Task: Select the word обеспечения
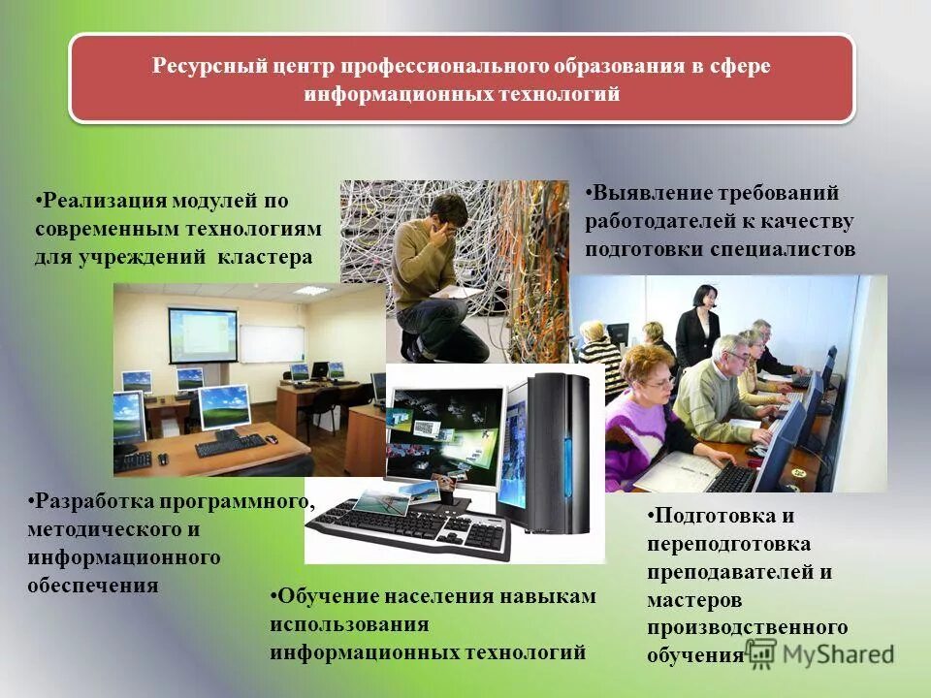tap(93, 586)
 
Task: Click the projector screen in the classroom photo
tap(203, 334)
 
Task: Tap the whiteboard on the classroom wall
tap(272, 343)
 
